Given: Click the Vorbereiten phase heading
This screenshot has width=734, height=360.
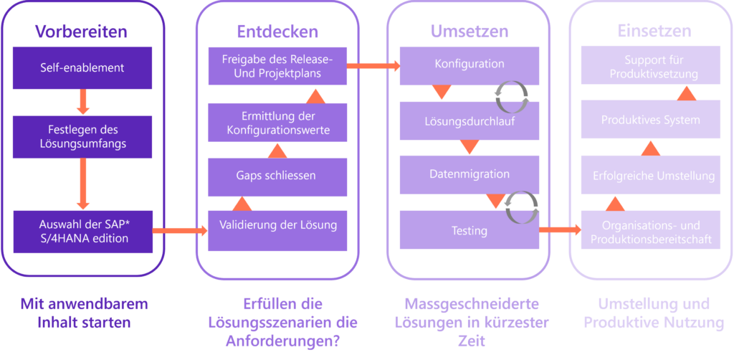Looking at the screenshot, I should (82, 32).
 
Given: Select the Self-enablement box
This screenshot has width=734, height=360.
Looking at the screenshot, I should (82, 68).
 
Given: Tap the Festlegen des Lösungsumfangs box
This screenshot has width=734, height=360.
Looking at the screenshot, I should (82, 136).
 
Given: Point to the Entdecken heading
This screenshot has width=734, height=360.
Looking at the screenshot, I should (277, 32).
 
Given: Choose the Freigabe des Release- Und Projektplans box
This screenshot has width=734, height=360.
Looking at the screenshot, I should (277, 66).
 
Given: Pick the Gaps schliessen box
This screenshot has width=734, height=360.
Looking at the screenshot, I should (277, 176).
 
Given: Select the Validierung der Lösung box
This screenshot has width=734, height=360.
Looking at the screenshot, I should (277, 225).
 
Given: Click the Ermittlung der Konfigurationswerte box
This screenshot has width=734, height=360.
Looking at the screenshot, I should (277, 123).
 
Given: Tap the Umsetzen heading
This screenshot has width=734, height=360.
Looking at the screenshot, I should (470, 32).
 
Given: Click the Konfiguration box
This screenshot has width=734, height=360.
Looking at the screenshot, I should (470, 64).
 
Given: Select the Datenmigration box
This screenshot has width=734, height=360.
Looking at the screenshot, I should (470, 174).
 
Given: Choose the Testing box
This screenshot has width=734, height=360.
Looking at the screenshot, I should (470, 230).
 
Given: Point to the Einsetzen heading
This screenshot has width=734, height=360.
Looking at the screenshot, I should (654, 32).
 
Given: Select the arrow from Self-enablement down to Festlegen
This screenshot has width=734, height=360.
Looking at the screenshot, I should (82, 102).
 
